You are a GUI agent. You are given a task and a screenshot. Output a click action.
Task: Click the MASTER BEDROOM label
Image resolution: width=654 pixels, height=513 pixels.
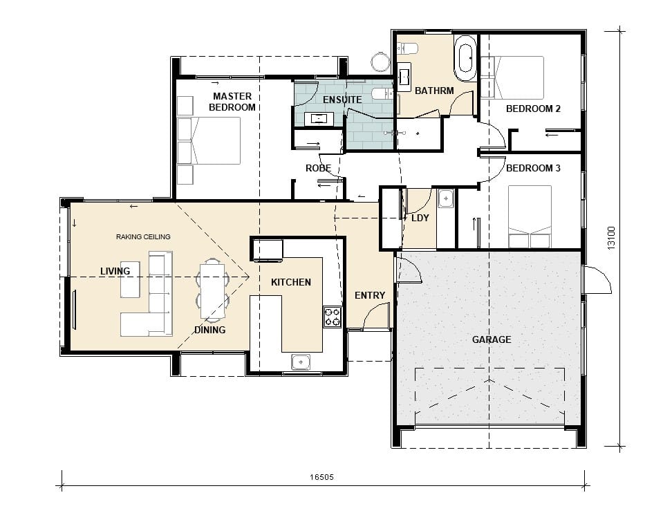tap(232, 102)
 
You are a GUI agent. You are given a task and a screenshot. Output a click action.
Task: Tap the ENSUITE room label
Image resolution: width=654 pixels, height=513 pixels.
tap(342, 100)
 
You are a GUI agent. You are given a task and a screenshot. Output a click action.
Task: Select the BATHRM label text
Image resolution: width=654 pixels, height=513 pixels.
tap(434, 91)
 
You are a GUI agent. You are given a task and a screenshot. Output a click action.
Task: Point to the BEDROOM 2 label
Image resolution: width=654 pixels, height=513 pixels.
tap(533, 109)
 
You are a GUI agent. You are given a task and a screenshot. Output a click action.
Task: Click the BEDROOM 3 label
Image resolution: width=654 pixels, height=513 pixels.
tap(533, 168)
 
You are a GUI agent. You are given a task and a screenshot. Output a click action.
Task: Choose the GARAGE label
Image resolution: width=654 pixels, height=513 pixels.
tap(492, 339)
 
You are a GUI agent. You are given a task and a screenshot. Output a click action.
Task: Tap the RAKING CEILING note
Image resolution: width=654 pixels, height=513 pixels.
tap(143, 237)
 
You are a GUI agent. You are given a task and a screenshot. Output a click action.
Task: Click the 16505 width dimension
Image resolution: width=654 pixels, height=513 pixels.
tap(321, 477)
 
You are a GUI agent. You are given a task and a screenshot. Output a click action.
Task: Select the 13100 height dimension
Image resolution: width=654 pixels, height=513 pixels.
tap(611, 238)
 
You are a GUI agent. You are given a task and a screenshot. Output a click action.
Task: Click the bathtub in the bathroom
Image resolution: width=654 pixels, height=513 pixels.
tap(465, 58)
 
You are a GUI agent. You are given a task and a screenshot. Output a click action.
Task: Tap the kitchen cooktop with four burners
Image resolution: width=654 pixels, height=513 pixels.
tap(333, 317)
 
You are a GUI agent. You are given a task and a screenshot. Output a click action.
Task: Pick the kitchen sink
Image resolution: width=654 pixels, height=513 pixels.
tap(300, 362)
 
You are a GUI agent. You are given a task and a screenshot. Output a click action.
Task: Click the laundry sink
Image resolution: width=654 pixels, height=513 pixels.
tap(446, 198)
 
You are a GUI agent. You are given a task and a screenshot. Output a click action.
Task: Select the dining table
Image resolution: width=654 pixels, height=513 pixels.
tap(213, 290)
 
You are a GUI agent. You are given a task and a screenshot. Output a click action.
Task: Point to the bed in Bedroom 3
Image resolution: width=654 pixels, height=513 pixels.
tap(530, 217)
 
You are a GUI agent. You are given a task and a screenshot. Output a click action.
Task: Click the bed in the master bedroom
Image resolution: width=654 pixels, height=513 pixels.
tap(209, 140)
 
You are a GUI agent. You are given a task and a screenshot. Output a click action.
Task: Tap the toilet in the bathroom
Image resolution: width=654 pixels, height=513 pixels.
tap(407, 48)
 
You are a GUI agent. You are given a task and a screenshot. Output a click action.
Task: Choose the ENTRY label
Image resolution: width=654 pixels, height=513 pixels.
tap(370, 296)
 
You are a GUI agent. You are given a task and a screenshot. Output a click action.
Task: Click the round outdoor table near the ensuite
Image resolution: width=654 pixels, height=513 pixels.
tap(380, 62)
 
